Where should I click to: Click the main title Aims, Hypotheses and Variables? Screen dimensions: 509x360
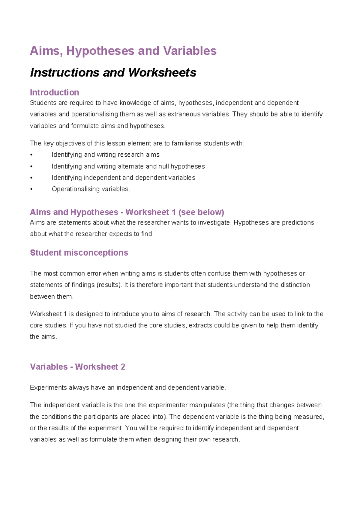pyautogui.click(x=123, y=51)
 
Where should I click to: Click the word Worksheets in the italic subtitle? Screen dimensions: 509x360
pyautogui.click(x=162, y=73)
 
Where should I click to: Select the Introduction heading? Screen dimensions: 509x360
pyautogui.click(x=54, y=92)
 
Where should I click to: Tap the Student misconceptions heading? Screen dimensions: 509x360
pyautogui.click(x=79, y=253)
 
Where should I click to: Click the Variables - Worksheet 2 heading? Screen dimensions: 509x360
pyautogui.click(x=77, y=367)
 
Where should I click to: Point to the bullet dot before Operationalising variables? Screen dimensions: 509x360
pyautogui.click(x=31, y=189)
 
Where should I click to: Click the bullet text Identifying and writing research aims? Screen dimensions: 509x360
pyautogui.click(x=105, y=155)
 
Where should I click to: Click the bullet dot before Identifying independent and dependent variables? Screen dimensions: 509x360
pyautogui.click(x=31, y=178)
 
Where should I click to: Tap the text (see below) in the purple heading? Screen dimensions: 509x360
pyautogui.click(x=201, y=212)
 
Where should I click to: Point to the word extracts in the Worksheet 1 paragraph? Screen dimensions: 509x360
pyautogui.click(x=200, y=325)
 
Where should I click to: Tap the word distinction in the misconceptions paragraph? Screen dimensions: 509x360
pyautogui.click(x=295, y=285)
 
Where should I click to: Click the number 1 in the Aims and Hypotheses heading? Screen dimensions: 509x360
pyautogui.click(x=174, y=212)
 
